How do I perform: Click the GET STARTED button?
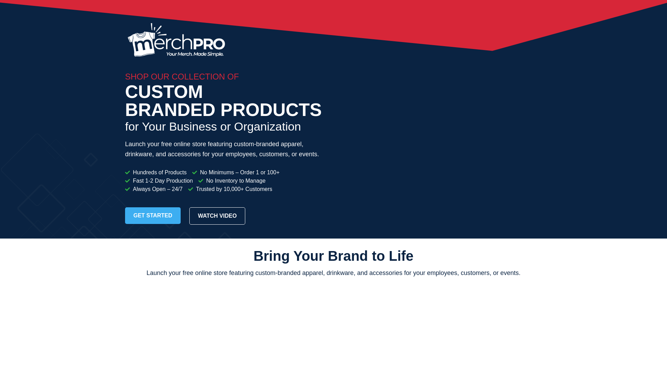(x=153, y=216)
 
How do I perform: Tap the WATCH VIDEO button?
(x=217, y=216)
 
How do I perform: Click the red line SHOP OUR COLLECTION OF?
(x=182, y=77)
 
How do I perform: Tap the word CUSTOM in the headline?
(x=164, y=92)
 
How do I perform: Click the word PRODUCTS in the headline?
(x=271, y=110)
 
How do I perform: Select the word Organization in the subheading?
(x=267, y=127)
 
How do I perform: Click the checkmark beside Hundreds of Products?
(x=127, y=173)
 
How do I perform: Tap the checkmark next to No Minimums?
(x=195, y=173)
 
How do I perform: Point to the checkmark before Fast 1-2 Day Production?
(x=127, y=181)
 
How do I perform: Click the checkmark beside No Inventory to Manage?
(x=201, y=181)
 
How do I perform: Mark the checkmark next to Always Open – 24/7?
(x=127, y=189)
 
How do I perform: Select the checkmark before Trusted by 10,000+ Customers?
(x=191, y=189)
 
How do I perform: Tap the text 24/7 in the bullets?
(x=177, y=189)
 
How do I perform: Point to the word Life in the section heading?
(x=401, y=256)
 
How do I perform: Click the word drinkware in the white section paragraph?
(x=340, y=273)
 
